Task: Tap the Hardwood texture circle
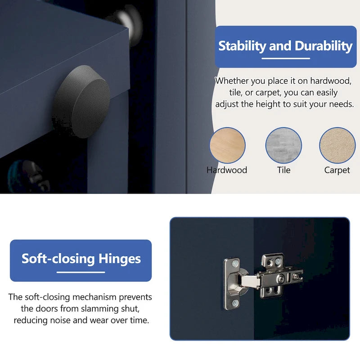227,145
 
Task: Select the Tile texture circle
283,145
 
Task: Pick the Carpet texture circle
337,145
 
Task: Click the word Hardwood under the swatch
227,170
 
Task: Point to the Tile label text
284,170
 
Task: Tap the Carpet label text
337,171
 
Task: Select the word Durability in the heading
324,46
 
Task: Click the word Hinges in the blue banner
120,259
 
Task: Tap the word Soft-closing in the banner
58,259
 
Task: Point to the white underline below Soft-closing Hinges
81,272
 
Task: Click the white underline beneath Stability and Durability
286,58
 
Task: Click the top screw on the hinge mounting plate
235,264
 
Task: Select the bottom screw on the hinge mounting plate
235,303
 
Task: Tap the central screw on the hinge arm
281,279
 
